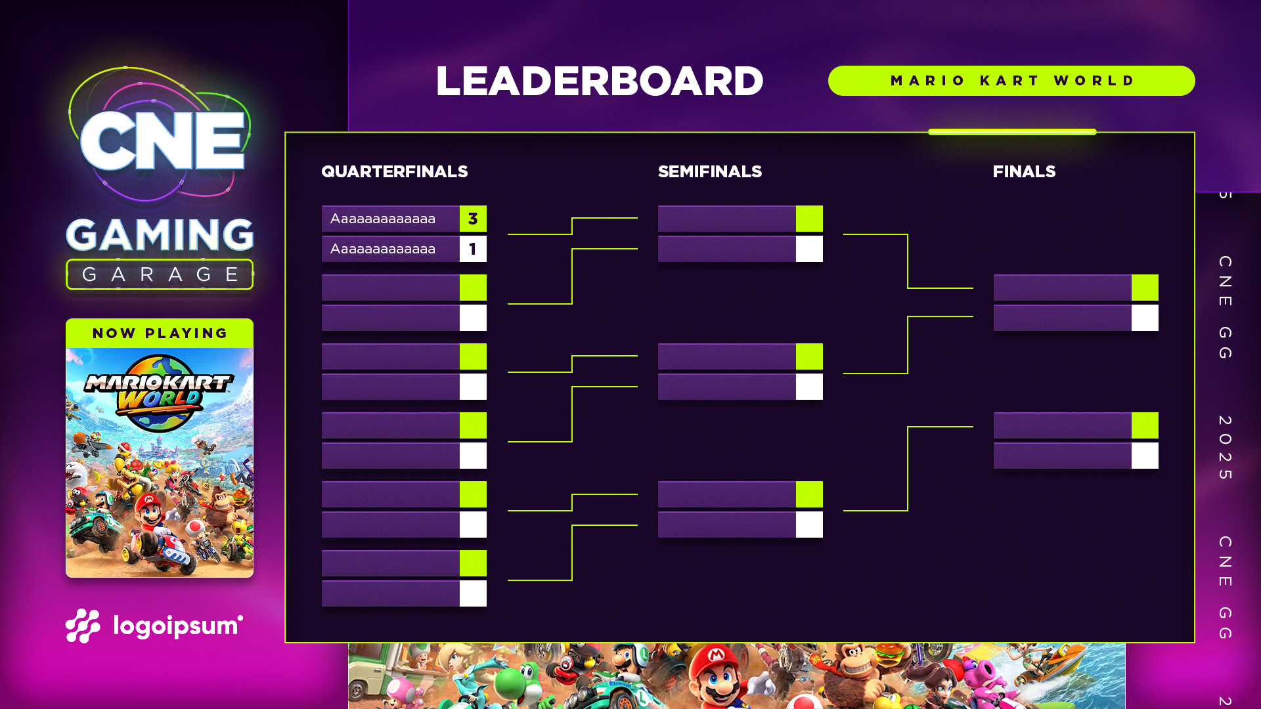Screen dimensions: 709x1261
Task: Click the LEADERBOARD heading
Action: coord(599,81)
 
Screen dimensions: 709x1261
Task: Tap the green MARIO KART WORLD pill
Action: coord(1011,81)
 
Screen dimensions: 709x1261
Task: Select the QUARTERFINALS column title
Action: coord(394,172)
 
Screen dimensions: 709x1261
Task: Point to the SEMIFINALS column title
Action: coord(709,172)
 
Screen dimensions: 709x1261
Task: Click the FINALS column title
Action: coord(1024,172)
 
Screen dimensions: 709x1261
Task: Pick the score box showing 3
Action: coord(473,219)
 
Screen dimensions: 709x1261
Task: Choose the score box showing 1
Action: coord(473,249)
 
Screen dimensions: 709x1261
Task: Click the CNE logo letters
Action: coord(162,140)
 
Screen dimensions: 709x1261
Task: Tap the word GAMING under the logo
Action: coord(160,235)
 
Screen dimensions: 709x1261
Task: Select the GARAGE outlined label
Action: coord(160,274)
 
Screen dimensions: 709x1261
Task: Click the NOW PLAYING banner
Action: coord(160,333)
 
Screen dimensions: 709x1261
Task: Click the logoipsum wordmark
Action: coord(177,626)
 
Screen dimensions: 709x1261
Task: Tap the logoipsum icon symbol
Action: coord(83,626)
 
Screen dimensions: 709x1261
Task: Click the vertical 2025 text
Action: coord(1225,447)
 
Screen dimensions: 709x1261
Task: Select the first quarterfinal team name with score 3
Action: coord(383,219)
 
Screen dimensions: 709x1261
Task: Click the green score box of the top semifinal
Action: coord(809,219)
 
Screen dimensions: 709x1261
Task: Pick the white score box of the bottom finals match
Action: coord(1145,456)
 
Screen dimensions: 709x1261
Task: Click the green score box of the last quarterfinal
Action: coord(473,563)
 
